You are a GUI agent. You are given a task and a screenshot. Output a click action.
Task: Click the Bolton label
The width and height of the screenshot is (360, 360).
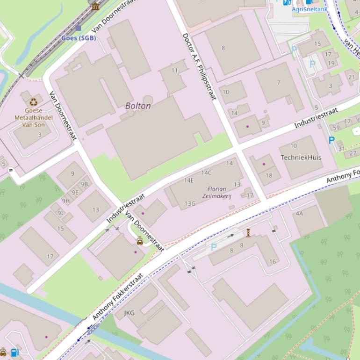click(138, 106)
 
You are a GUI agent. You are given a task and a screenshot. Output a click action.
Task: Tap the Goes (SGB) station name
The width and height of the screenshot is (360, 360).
click(79, 38)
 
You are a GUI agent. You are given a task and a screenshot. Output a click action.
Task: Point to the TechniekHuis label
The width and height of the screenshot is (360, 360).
click(301, 158)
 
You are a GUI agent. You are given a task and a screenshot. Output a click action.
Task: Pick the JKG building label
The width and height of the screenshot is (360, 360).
click(130, 313)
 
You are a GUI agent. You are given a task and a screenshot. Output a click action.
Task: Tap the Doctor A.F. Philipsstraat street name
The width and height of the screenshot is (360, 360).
click(199, 66)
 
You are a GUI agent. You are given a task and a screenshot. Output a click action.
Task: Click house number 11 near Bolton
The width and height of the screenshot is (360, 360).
click(174, 71)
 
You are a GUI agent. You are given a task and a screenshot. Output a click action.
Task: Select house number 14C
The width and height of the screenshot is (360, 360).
click(206, 173)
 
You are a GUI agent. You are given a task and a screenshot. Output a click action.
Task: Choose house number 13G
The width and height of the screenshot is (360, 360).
click(190, 203)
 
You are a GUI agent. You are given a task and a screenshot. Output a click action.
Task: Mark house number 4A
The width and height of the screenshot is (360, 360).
click(299, 214)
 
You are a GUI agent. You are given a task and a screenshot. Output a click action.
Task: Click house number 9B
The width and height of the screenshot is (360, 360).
click(84, 184)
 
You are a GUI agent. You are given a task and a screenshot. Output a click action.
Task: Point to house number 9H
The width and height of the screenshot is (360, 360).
click(66, 201)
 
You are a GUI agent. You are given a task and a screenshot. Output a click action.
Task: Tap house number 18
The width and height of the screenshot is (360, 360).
click(268, 176)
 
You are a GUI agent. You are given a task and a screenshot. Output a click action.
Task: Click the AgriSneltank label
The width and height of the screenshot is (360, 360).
click(310, 9)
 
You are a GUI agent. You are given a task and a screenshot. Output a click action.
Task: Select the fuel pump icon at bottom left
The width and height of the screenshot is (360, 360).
click(15, 353)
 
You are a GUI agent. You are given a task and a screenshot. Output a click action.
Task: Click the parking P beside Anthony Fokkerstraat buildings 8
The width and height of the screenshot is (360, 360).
click(214, 247)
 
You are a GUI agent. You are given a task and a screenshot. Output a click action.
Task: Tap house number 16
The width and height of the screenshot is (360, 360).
click(273, 262)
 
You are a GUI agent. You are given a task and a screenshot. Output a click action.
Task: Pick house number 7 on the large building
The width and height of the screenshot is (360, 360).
click(279, 83)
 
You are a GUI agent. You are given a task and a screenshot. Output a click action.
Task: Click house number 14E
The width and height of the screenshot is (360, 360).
click(189, 180)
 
